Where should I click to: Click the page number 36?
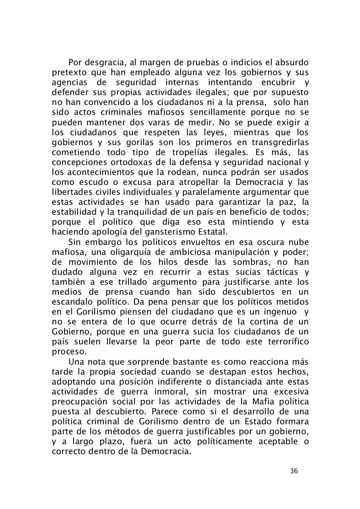[294, 471]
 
